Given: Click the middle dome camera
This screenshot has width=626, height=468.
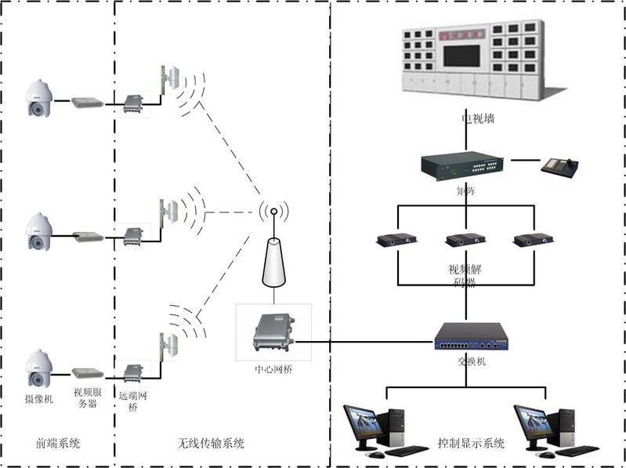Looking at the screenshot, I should pyautogui.click(x=38, y=232).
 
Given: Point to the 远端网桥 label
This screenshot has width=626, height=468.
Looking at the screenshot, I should pyautogui.click(x=132, y=402).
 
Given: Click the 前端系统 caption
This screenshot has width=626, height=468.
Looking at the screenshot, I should pyautogui.click(x=60, y=444).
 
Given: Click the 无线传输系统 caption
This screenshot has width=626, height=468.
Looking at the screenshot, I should pyautogui.click(x=212, y=444).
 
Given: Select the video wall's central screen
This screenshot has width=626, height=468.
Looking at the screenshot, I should pyautogui.click(x=461, y=56).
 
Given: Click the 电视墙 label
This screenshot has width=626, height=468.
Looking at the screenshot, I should pyautogui.click(x=477, y=120).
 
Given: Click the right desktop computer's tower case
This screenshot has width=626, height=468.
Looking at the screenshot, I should pyautogui.click(x=570, y=428).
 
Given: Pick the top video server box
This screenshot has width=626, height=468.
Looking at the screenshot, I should pyautogui.click(x=87, y=103).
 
